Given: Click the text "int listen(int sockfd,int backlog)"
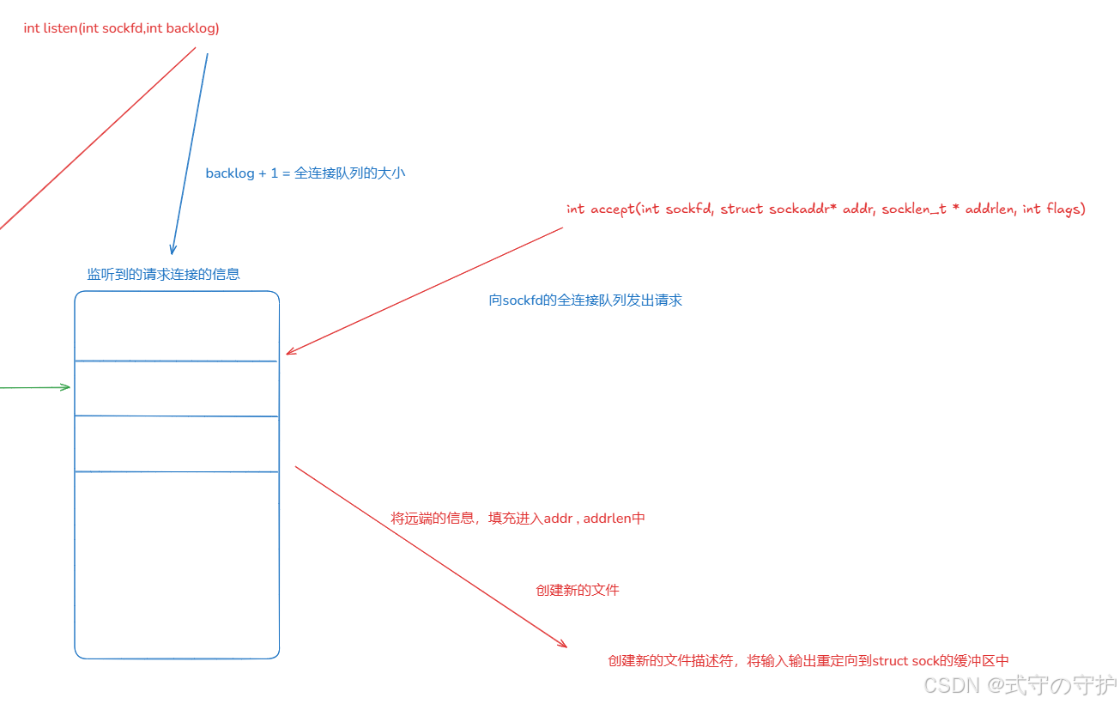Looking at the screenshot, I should (121, 28).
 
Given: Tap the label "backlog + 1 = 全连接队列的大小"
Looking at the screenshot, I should (305, 173).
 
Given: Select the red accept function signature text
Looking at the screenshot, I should (826, 209).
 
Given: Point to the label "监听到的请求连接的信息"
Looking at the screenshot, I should (163, 274).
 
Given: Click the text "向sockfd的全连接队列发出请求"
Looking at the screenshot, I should (585, 300).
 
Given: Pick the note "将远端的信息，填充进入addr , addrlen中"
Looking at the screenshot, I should (518, 518).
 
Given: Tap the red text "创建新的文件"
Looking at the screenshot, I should (578, 590).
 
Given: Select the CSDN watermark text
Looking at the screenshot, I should (1020, 685).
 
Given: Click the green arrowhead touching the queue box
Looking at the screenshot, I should (66, 387).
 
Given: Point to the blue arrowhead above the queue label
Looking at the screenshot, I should (173, 249).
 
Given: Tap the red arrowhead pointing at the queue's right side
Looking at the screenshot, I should (290, 351).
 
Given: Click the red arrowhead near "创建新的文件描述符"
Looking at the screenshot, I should (562, 644).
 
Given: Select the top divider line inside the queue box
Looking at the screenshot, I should (176, 361).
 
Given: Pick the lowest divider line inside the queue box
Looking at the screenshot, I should (176, 471).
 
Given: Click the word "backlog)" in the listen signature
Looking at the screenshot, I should (193, 28).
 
